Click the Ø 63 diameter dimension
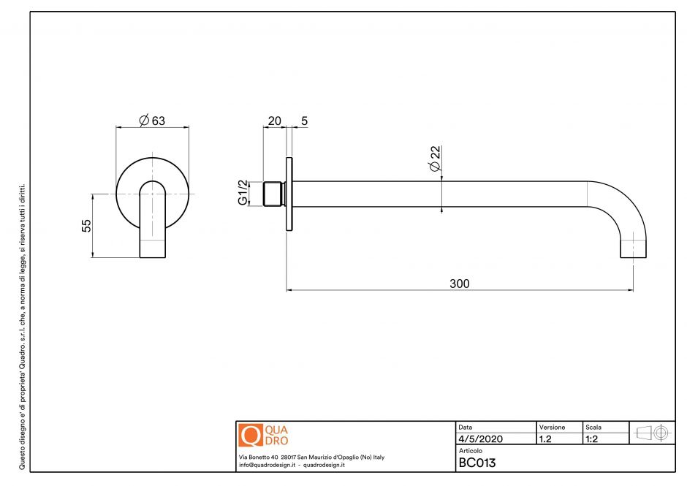[152, 121]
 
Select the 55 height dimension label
[86, 226]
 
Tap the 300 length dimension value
[459, 284]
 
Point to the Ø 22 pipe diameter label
[435, 159]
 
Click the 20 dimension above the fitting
[275, 121]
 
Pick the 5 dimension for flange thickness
[303, 121]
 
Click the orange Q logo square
[250, 436]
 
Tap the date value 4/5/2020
[481, 439]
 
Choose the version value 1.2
[545, 439]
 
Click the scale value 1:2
[593, 439]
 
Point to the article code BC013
[477, 462]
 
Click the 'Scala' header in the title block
[593, 427]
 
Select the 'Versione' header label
[552, 427]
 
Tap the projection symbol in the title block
[653, 432]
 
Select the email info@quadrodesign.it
[266, 466]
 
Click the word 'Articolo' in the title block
[471, 451]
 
